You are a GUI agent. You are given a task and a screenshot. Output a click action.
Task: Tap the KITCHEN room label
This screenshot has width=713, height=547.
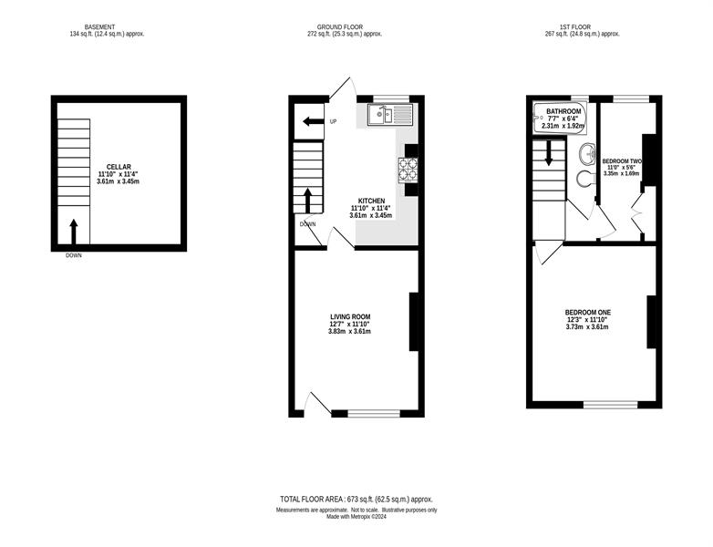click(371, 201)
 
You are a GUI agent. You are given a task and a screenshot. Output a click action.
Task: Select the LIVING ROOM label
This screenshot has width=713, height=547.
click(350, 317)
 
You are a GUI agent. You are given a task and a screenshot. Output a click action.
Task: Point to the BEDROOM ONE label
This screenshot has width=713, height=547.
click(587, 313)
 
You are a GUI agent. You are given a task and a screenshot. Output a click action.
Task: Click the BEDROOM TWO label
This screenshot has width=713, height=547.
click(622, 161)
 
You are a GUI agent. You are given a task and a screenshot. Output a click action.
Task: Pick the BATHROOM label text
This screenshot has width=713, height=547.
click(563, 111)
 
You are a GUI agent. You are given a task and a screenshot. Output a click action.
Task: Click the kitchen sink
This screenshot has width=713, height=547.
click(390, 114)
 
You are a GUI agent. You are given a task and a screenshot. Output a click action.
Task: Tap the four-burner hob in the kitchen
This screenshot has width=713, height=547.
click(408, 170)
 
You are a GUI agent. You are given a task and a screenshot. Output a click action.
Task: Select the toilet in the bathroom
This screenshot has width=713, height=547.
click(586, 179)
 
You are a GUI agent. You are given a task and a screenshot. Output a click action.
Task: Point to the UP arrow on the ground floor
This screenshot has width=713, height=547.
click(313, 121)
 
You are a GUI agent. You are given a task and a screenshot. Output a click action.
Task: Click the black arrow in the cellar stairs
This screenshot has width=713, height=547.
click(73, 232)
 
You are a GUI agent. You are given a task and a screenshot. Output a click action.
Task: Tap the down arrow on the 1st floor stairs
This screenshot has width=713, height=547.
click(548, 153)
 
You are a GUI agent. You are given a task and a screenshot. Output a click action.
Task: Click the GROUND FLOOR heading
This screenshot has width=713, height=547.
click(340, 27)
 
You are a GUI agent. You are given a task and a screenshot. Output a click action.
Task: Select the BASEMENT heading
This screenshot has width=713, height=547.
click(99, 27)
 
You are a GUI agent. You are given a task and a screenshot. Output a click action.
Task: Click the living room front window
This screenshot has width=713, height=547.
click(374, 413)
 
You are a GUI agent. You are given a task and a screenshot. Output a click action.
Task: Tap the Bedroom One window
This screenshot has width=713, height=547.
click(611, 404)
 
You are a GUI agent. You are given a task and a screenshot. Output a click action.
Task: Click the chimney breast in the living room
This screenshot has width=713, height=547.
click(414, 322)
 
